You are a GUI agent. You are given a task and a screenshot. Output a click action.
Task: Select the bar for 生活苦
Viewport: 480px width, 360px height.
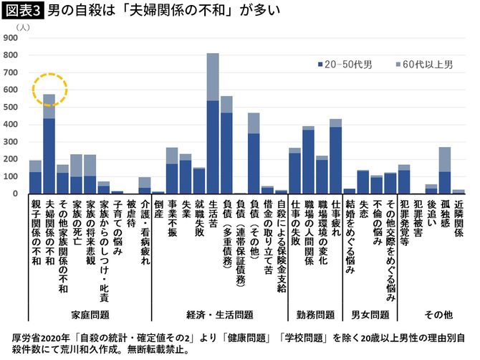tap(213, 123)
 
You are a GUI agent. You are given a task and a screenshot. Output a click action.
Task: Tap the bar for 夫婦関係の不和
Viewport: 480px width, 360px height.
tap(49, 144)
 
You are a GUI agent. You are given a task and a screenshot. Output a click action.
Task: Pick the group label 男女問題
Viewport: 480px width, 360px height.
tap(370, 314)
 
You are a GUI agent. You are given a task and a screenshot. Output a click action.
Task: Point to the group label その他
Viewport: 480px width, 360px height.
tap(437, 314)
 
